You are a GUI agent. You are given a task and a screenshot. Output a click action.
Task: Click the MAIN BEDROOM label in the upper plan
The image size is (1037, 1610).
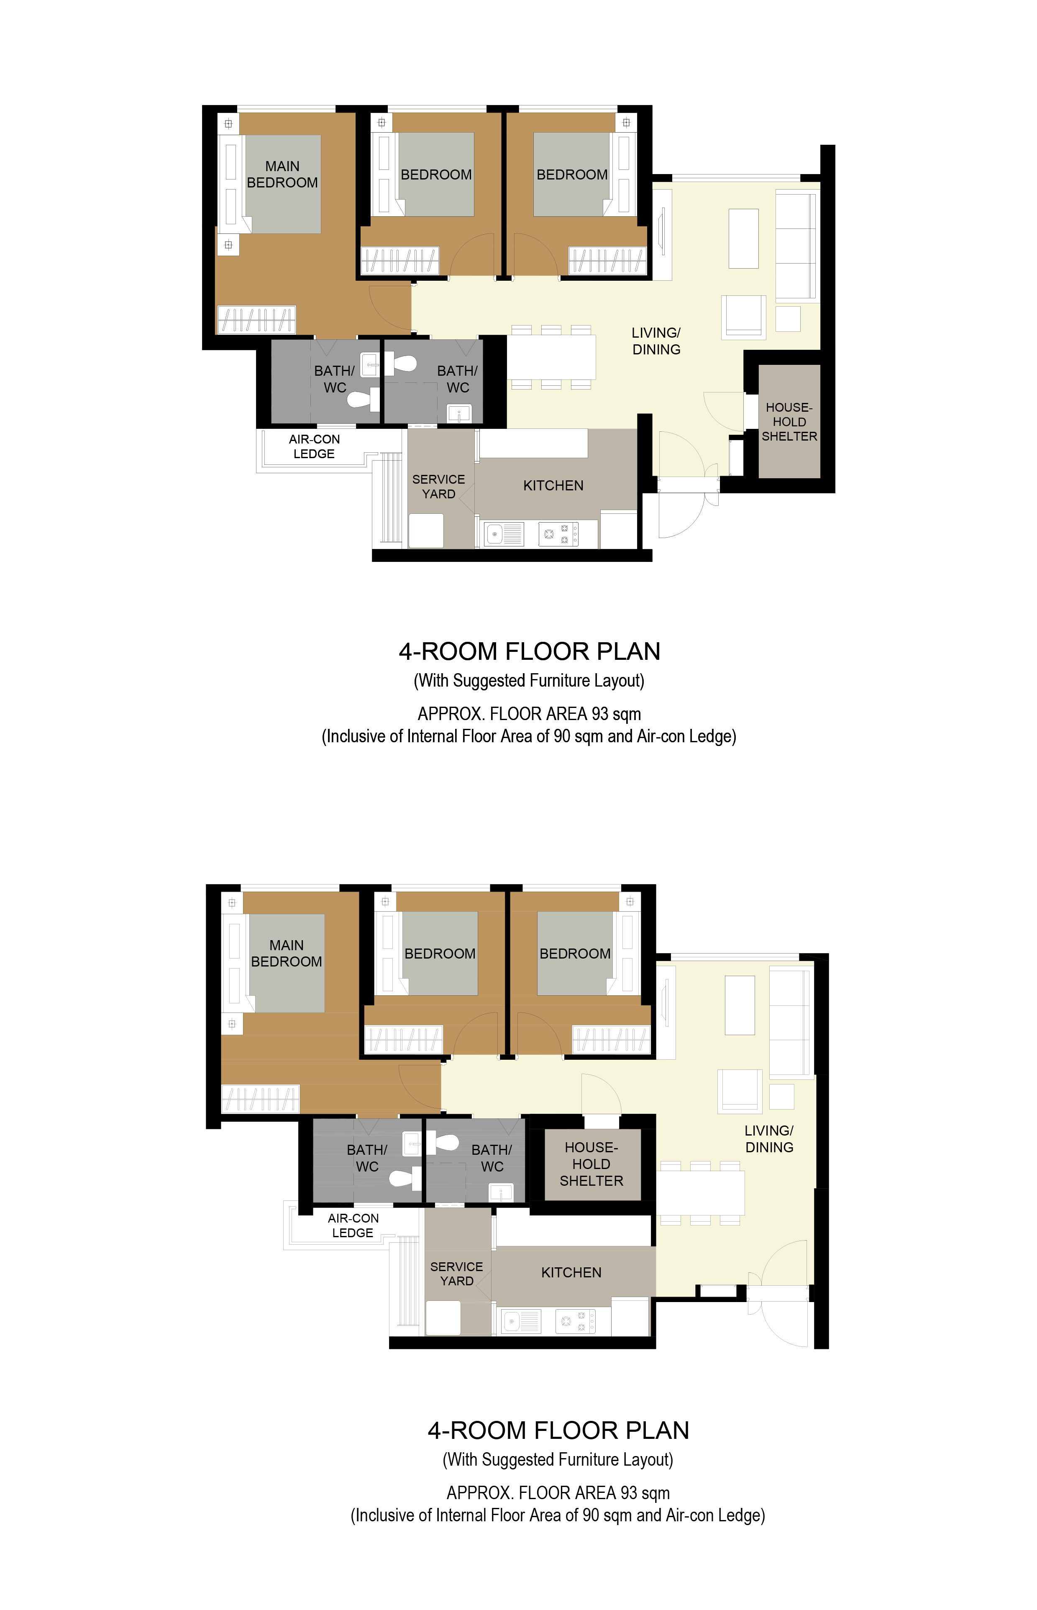282,174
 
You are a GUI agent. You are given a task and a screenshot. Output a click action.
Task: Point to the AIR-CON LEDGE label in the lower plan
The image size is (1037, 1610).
353,1225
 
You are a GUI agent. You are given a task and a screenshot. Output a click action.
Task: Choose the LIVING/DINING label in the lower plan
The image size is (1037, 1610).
769,1138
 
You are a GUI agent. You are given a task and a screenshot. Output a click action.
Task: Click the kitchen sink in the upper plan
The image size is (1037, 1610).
504,534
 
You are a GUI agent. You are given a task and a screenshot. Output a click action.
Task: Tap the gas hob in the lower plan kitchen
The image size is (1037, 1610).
576,1321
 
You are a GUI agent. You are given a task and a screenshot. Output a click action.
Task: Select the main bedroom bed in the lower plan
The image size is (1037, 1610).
287,963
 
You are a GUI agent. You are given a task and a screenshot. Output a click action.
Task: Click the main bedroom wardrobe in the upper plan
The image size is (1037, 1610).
256,320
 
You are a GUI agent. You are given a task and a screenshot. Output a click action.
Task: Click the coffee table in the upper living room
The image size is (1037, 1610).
743,238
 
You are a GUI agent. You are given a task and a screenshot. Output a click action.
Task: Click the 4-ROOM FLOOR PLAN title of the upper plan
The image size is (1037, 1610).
529,651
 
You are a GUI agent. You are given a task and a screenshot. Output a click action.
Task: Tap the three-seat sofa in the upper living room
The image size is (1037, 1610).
796,245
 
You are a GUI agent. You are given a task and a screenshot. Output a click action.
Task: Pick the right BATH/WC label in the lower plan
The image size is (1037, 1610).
492,1158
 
